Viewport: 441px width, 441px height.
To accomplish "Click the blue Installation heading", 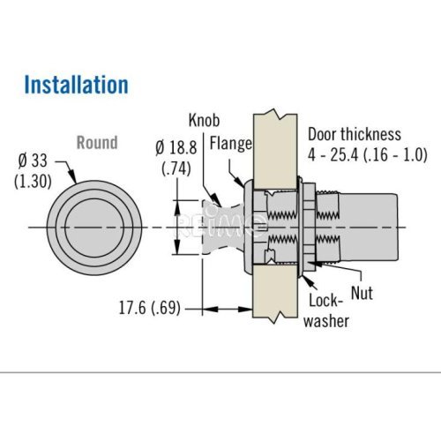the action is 76,85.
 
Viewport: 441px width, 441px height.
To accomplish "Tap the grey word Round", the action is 97,143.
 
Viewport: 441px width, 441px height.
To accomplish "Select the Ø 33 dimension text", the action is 33,161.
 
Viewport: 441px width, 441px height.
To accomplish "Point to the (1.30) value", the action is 33,181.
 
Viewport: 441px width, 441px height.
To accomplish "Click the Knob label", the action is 204,120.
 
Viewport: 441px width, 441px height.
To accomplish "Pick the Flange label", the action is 231,144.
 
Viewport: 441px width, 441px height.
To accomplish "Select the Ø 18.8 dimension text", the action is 176,148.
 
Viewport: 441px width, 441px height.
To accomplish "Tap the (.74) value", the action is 176,168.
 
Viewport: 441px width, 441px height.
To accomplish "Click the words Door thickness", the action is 355,134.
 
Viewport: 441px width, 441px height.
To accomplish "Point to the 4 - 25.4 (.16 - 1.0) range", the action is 368,154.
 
